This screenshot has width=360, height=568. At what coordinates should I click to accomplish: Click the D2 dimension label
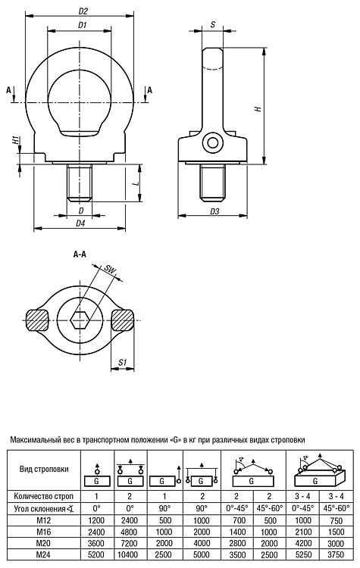(x=83, y=11)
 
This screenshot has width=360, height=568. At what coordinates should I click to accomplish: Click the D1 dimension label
(x=82, y=25)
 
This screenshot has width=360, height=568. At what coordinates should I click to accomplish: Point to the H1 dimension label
(x=15, y=141)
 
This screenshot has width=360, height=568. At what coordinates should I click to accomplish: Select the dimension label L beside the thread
(x=136, y=183)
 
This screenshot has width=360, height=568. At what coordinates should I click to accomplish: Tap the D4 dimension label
(x=80, y=223)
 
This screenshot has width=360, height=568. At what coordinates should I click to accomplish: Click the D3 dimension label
(x=214, y=211)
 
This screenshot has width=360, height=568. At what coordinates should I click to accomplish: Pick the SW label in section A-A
(x=109, y=270)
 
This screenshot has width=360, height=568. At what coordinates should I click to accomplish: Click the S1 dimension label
(x=123, y=362)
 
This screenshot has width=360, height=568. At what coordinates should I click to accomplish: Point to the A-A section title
(x=80, y=254)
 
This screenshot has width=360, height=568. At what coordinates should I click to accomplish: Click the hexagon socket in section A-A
(x=80, y=320)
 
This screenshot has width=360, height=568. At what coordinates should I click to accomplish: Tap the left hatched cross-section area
(x=37, y=320)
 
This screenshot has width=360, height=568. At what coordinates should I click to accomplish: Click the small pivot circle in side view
(x=213, y=142)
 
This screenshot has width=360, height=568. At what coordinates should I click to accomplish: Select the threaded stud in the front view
(x=80, y=183)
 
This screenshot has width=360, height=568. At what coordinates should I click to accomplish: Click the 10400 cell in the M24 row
(x=129, y=554)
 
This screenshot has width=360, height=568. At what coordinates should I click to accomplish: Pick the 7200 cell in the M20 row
(x=130, y=543)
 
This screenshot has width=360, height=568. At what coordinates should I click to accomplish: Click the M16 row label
(x=43, y=532)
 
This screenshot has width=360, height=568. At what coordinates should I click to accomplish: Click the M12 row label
(x=43, y=520)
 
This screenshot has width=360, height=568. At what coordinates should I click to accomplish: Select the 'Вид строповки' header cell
(x=44, y=469)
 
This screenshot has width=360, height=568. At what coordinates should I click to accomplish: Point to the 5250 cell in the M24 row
(x=302, y=554)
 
